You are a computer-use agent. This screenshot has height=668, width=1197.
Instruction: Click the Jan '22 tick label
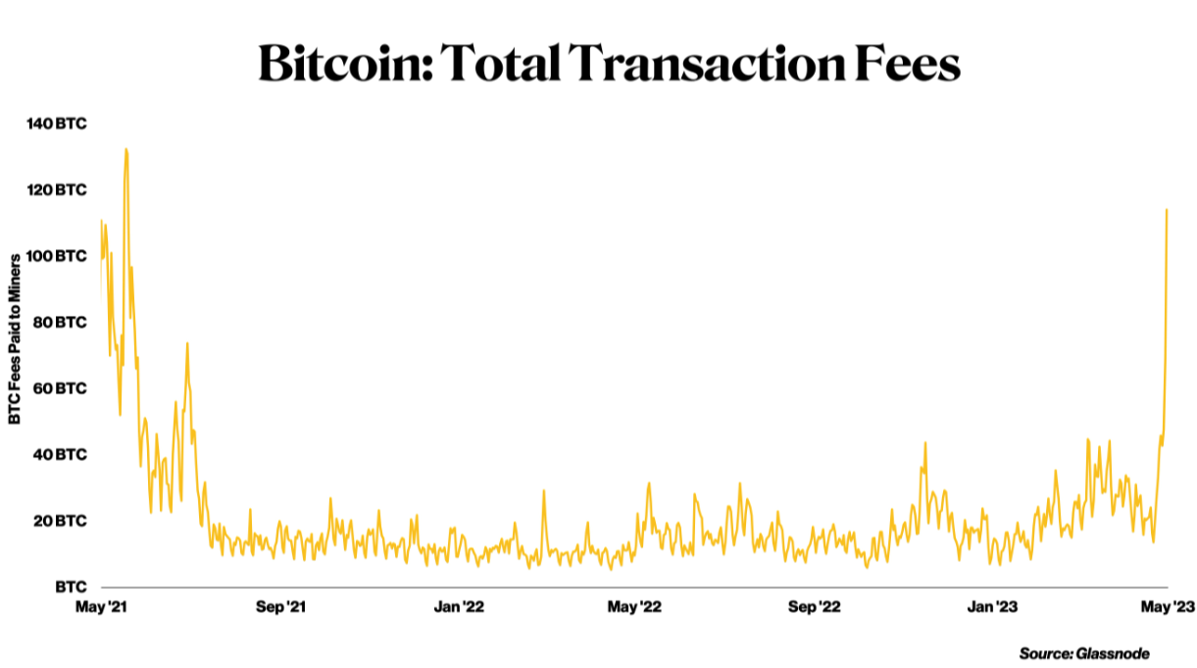click(x=458, y=608)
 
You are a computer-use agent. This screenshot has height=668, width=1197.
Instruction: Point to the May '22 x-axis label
click(x=635, y=608)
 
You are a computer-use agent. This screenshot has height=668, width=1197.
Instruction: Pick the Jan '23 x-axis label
click(x=993, y=608)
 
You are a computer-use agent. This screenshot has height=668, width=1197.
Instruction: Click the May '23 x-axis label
click(x=1168, y=608)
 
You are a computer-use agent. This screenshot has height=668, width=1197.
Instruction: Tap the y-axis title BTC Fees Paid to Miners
click(x=16, y=338)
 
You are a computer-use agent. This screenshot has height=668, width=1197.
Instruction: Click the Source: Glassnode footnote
click(x=1083, y=653)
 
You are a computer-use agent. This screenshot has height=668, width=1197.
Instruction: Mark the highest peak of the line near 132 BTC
click(x=125, y=149)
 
